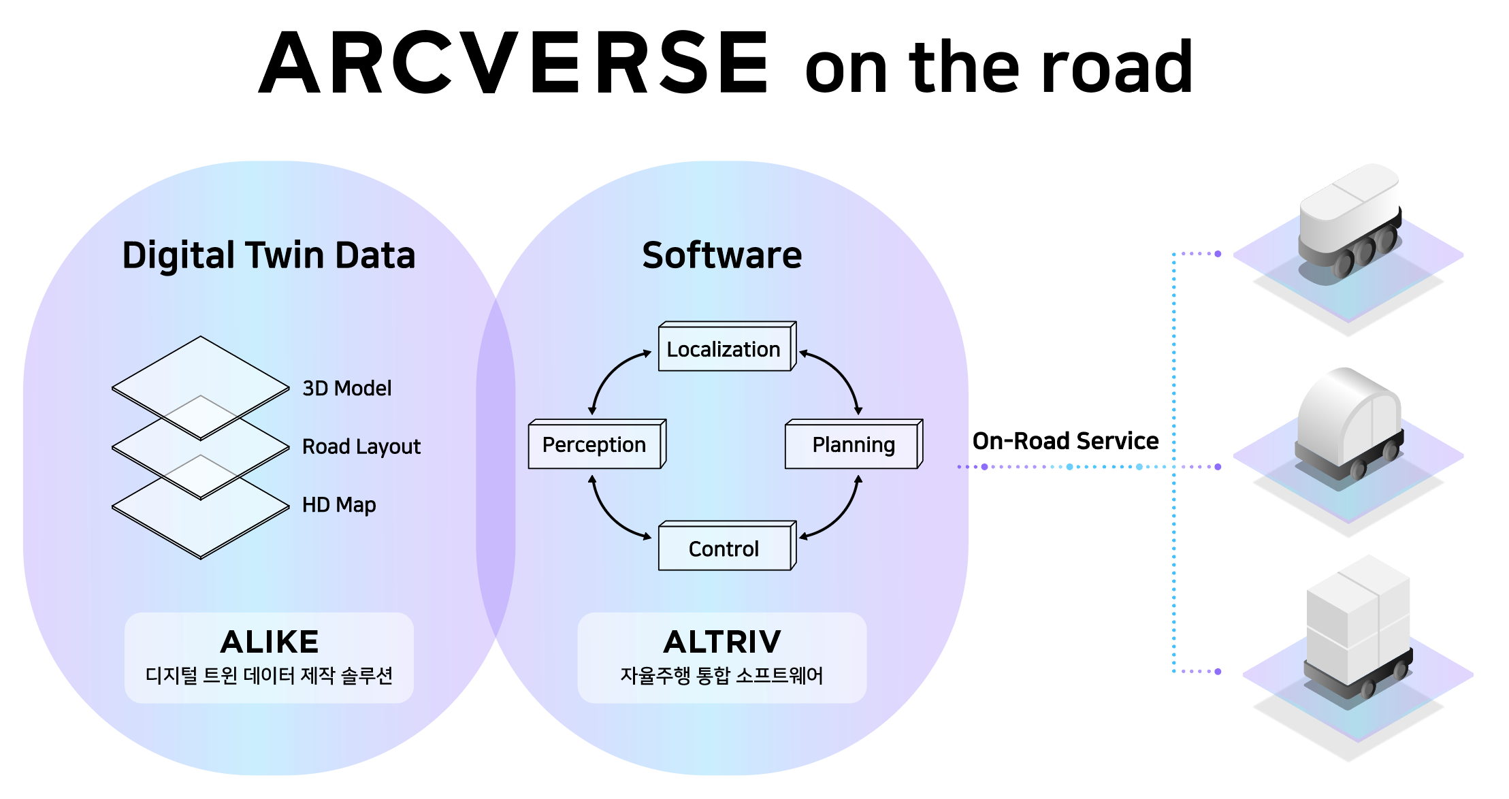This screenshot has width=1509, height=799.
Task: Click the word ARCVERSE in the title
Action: click(x=514, y=63)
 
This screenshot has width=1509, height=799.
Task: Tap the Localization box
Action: click(x=727, y=346)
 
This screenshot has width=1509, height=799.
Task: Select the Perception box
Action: click(x=597, y=444)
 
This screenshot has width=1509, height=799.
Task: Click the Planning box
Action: click(x=854, y=444)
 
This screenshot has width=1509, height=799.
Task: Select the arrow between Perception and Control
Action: click(x=609, y=517)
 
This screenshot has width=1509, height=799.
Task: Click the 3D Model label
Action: click(x=347, y=388)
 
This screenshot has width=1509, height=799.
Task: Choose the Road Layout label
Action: click(x=361, y=447)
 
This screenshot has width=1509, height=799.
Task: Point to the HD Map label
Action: click(x=339, y=505)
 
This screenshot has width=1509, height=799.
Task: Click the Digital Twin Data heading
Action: click(x=269, y=256)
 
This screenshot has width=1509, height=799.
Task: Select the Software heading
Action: click(x=722, y=256)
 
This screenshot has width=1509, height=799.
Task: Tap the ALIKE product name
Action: click(x=270, y=642)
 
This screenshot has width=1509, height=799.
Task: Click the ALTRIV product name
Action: click(x=722, y=642)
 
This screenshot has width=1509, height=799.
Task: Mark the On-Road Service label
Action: click(x=1065, y=441)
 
